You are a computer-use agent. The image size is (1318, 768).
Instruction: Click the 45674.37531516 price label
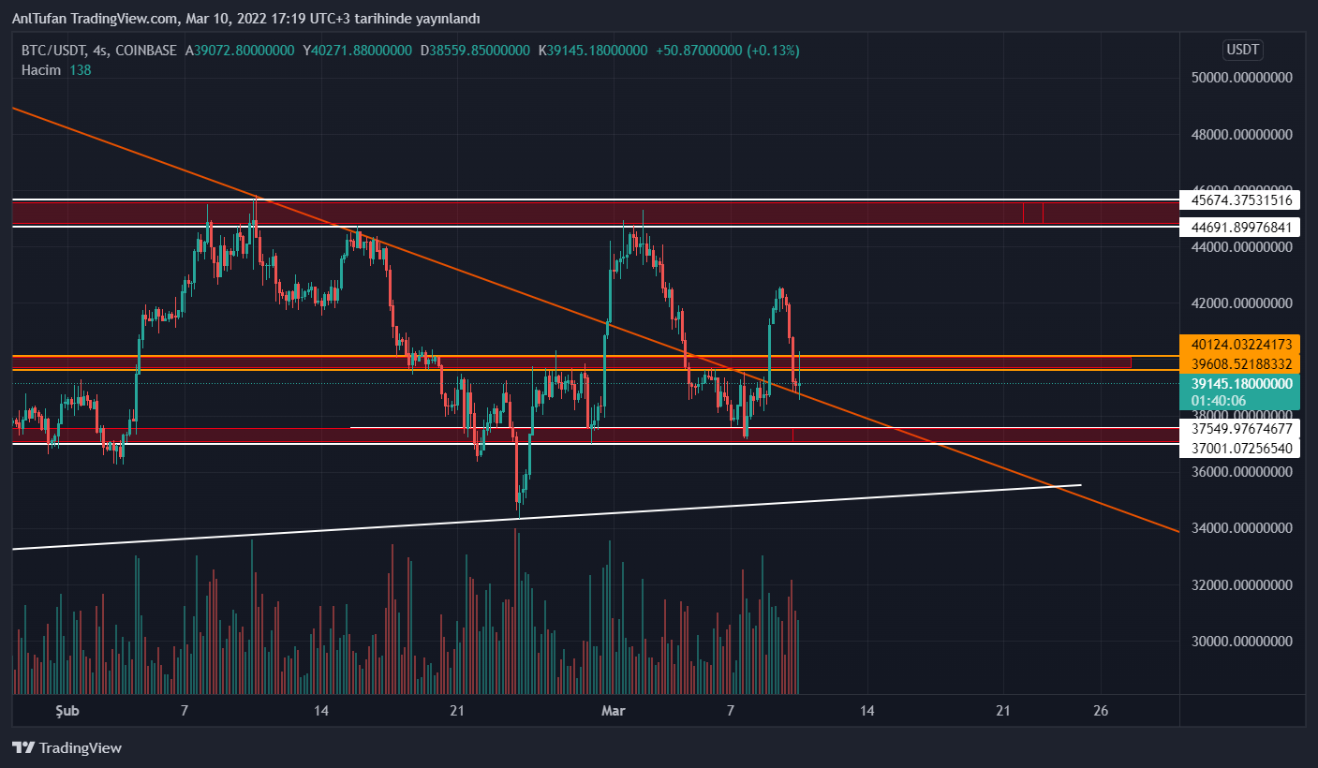coord(1241,199)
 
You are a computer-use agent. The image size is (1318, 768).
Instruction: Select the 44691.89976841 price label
coord(1241,228)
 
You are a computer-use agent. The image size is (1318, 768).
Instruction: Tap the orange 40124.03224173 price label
coord(1241,345)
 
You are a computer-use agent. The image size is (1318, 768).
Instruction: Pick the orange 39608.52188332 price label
coord(1241,363)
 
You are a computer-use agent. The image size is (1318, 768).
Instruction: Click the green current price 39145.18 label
coord(1241,384)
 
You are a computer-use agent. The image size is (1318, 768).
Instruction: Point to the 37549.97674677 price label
coord(1241,429)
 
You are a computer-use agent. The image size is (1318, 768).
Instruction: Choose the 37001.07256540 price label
coord(1241,449)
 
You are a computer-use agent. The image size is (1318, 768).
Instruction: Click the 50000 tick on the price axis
coord(1241,78)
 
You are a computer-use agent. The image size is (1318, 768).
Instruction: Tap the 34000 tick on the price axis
coord(1241,528)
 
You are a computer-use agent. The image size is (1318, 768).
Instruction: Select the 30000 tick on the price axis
coord(1241,642)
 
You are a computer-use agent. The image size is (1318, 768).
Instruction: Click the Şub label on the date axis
coord(67,711)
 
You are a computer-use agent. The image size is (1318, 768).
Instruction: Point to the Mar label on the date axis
coord(613,711)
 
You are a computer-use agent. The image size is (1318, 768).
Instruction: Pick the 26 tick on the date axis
coord(1101,711)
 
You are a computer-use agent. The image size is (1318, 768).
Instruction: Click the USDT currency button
coord(1242,50)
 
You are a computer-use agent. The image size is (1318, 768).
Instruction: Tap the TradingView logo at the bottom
coord(67,747)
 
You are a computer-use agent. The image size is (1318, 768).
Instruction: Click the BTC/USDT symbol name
coord(55,51)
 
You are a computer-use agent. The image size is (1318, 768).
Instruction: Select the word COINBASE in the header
coord(144,51)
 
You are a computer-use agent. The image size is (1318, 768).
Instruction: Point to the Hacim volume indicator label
coord(41,70)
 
